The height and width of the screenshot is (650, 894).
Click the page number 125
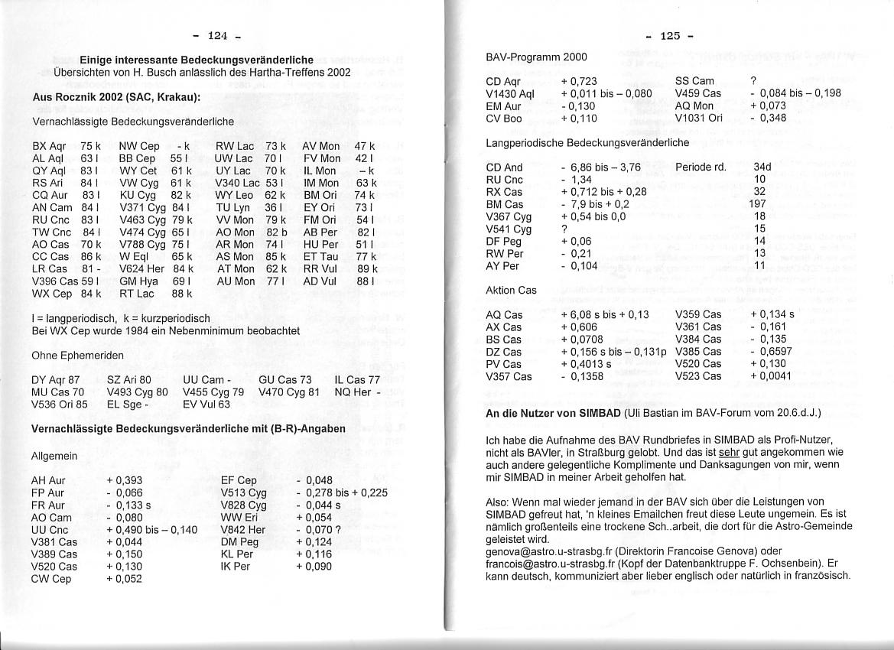[x=670, y=35]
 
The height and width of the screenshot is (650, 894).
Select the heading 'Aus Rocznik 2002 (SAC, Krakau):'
[x=116, y=97]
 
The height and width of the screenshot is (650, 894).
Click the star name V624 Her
[x=141, y=269]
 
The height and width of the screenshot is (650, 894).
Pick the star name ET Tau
[x=320, y=257]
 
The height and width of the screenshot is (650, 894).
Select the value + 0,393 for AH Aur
[x=125, y=480]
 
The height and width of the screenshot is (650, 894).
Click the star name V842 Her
[x=243, y=529]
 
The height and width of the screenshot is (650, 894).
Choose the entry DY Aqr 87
[x=55, y=379]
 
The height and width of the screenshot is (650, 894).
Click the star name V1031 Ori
[x=699, y=119]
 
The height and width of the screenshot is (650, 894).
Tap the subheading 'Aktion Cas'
[x=511, y=291]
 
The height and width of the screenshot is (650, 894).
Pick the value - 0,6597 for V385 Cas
[x=772, y=352]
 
